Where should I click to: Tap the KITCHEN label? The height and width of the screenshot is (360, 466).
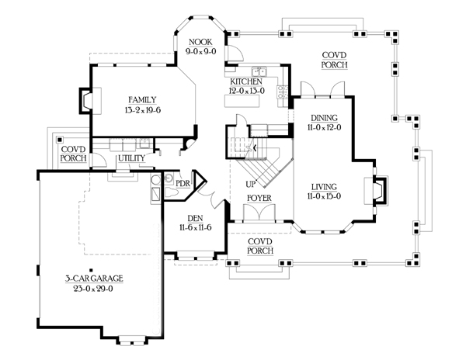pyautogui.click(x=246, y=81)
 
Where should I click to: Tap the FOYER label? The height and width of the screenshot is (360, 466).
pyautogui.click(x=258, y=199)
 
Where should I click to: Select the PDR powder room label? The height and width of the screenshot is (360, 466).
pyautogui.click(x=183, y=183)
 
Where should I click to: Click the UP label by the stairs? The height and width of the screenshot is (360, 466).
pyautogui.click(x=251, y=185)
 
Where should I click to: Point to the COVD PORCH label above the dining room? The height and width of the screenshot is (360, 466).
pyautogui.click(x=335, y=60)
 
